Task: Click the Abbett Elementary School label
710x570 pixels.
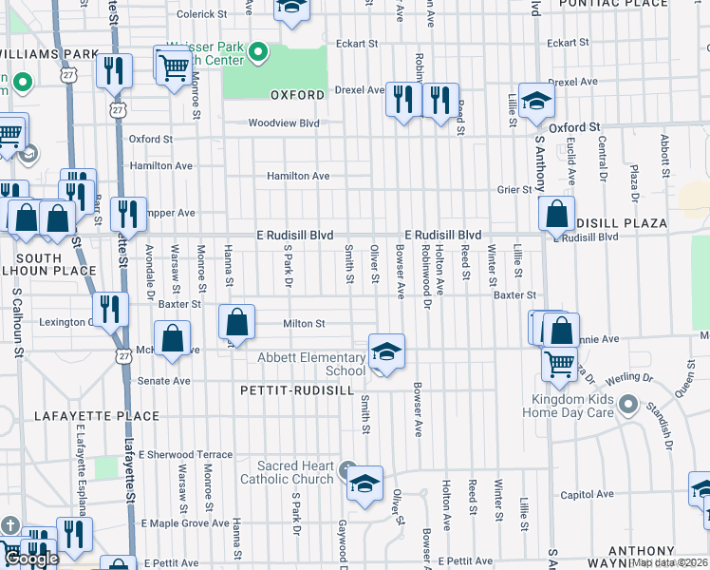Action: [311, 364]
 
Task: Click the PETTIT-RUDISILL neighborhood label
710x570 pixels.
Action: [297, 390]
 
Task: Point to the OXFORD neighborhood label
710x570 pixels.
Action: [298, 95]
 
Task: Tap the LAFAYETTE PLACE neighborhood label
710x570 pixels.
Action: [83, 416]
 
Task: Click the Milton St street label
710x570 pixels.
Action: [304, 324]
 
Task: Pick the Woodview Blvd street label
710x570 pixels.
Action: [284, 123]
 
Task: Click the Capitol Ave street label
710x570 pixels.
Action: [582, 495]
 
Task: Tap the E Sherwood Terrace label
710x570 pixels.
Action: [185, 455]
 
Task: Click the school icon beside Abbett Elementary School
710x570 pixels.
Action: [385, 351]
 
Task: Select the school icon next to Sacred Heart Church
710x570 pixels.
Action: [364, 484]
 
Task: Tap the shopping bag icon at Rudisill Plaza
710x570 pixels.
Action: [555, 214]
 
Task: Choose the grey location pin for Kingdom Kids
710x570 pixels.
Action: [627, 406]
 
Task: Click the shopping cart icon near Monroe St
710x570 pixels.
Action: [174, 66]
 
